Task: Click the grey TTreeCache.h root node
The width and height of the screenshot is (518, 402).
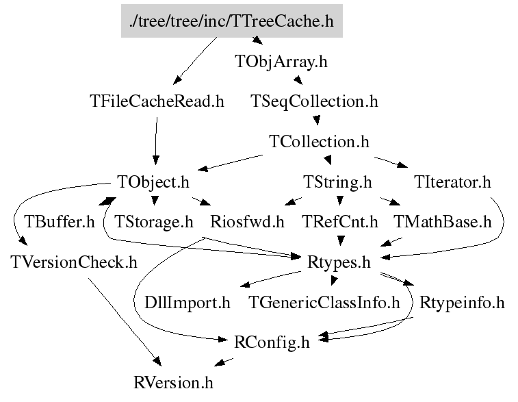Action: click(x=231, y=21)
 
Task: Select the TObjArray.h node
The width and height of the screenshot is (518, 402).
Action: click(x=281, y=62)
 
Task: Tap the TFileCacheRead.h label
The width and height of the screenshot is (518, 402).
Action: click(x=157, y=102)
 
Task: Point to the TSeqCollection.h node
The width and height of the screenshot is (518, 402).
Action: click(x=314, y=102)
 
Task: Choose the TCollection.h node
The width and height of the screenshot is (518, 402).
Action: click(x=319, y=142)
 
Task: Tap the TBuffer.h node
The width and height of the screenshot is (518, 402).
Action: click(x=59, y=222)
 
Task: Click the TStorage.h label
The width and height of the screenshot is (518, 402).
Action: click(x=153, y=222)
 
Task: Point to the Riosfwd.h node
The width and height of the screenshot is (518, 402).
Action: click(x=247, y=222)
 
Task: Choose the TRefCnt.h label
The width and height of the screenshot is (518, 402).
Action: click(x=339, y=222)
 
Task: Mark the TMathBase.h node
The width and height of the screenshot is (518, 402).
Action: click(x=443, y=222)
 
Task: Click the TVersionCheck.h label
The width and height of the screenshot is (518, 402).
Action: click(x=74, y=262)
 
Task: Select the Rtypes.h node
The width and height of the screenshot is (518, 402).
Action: click(x=339, y=262)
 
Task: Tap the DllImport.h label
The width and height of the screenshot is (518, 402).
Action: click(x=187, y=302)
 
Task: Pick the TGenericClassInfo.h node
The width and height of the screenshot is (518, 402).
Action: click(x=324, y=302)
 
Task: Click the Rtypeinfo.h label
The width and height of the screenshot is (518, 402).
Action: click(x=462, y=302)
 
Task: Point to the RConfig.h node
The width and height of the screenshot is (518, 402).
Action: click(x=272, y=342)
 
